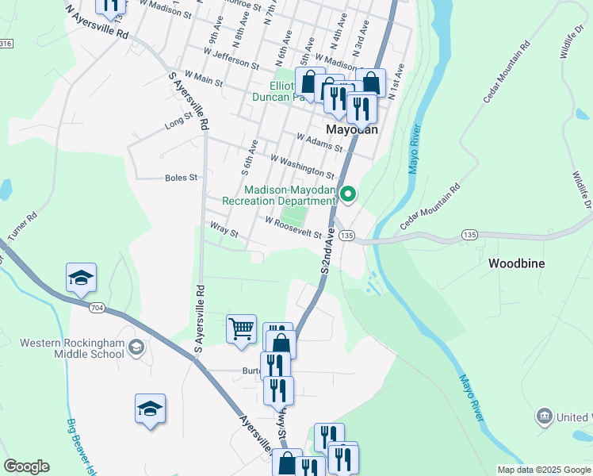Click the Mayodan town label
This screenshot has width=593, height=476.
tap(352, 129)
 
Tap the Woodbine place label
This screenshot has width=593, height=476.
tap(516, 263)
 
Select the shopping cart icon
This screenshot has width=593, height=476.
tap(241, 328)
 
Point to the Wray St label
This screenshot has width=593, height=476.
tap(224, 232)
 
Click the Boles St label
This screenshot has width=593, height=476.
tap(181, 178)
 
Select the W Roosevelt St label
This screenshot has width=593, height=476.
tap(293, 228)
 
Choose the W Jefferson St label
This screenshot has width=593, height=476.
tap(231, 58)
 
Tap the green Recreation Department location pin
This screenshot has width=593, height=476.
tap(347, 194)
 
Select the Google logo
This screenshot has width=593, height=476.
tap(26, 466)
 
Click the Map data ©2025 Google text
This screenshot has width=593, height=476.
tap(543, 470)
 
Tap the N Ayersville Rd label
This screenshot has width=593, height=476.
tap(97, 23)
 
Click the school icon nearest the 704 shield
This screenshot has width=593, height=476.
tap(81, 278)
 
